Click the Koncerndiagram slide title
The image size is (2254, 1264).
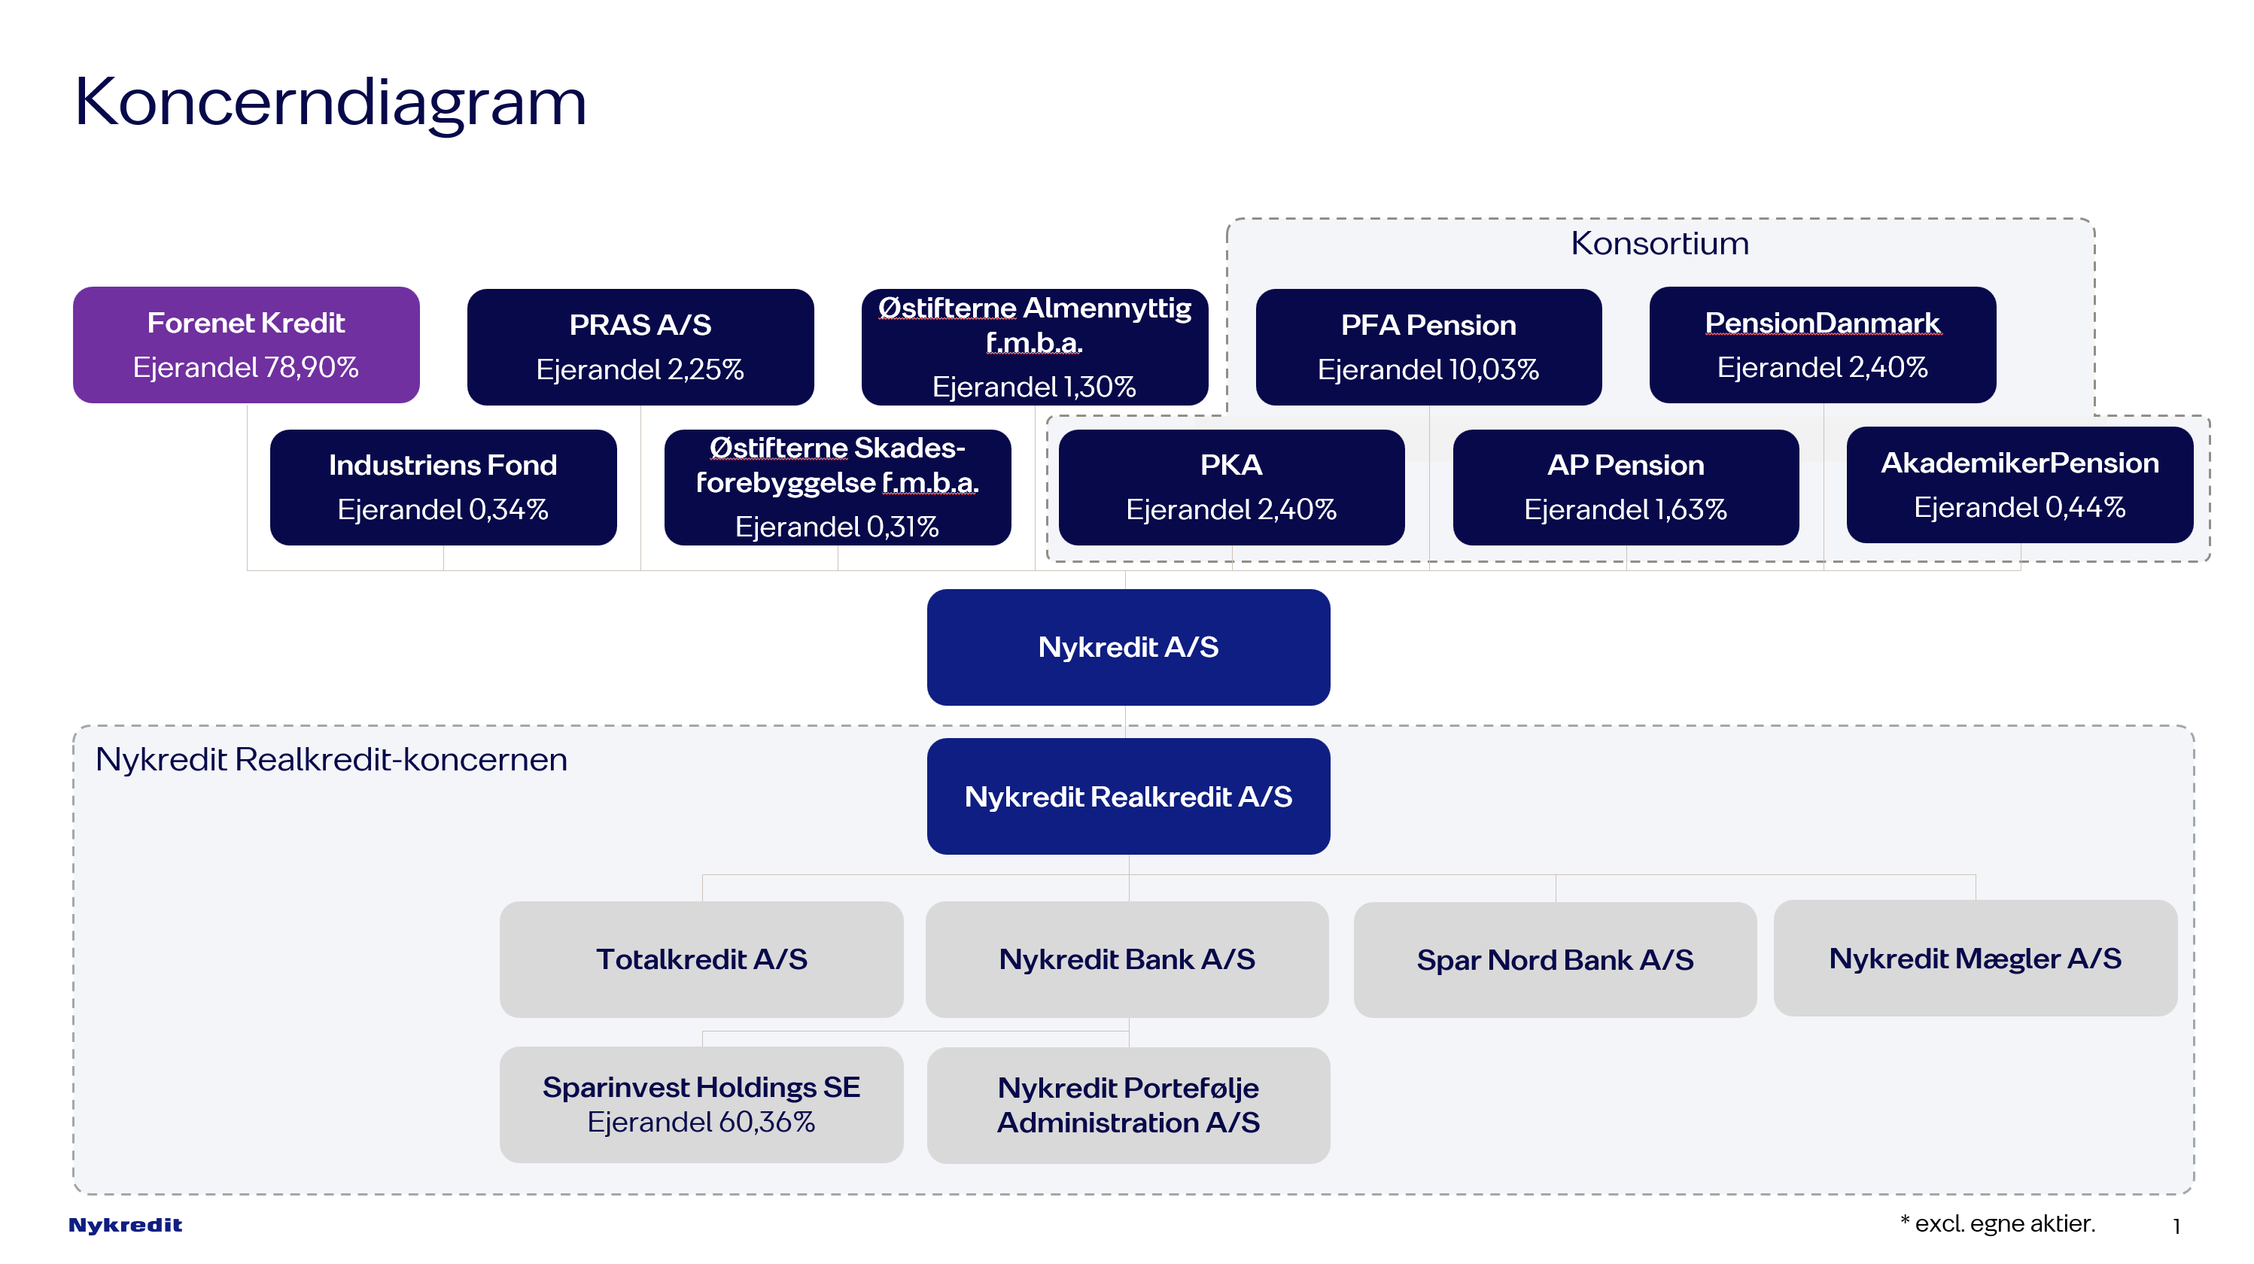pos(330,102)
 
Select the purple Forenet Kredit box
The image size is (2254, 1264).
pos(246,344)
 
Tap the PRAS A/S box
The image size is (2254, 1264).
pos(640,346)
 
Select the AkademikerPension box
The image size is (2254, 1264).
pos(2018,484)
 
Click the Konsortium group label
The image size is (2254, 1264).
pos(1659,243)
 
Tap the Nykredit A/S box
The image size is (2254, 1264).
pos(1128,646)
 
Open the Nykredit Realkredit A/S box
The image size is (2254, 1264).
pos(1128,796)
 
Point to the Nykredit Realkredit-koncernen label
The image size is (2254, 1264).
pos(330,759)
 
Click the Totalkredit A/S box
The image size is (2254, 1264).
pos(701,959)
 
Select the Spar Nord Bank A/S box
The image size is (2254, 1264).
pos(1554,959)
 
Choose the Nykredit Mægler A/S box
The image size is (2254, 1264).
pos(1974,958)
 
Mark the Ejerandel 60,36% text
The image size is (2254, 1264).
pos(701,1121)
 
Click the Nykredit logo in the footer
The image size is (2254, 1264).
pos(125,1225)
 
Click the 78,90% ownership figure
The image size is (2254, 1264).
pos(311,367)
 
